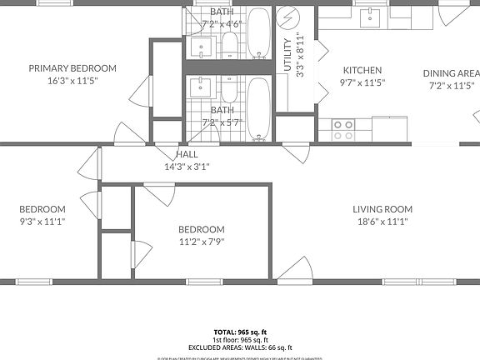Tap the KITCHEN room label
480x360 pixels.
pyautogui.click(x=362, y=71)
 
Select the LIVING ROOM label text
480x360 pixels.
pyautogui.click(x=382, y=209)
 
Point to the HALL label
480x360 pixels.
pyautogui.click(x=187, y=155)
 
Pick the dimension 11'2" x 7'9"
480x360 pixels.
pyautogui.click(x=201, y=242)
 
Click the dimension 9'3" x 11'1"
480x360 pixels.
pyautogui.click(x=42, y=222)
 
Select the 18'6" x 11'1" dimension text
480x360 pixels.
pyautogui.click(x=382, y=222)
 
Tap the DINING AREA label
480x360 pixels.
pyautogui.click(x=451, y=73)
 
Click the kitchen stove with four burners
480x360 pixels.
pyautogui.click(x=343, y=129)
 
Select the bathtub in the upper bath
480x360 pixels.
pyautogui.click(x=258, y=32)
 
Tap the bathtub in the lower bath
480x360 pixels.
pyautogui.click(x=258, y=107)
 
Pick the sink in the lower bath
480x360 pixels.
pyautogui.click(x=200, y=85)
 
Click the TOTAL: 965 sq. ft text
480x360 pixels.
pyautogui.click(x=240, y=330)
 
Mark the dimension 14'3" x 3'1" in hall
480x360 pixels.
pyautogui.click(x=187, y=167)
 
